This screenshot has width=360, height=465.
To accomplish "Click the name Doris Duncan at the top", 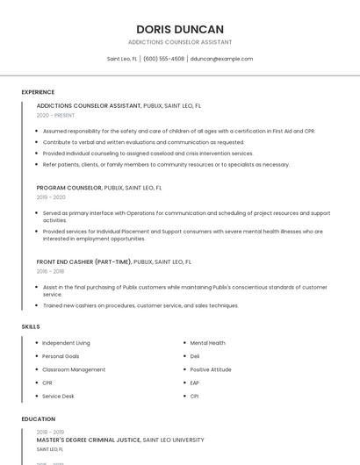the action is click(180, 29).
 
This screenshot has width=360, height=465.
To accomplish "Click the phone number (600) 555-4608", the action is click(163, 59).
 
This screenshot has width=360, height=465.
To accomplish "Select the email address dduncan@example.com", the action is click(221, 59).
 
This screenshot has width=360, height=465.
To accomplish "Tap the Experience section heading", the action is click(38, 92).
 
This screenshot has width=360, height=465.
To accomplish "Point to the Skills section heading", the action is click(31, 326).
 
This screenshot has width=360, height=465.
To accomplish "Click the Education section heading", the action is click(39, 419).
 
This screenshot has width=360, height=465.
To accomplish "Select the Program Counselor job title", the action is click(69, 188).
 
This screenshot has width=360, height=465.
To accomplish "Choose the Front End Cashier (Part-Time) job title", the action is click(84, 261).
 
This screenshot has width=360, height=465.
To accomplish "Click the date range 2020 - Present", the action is click(55, 115).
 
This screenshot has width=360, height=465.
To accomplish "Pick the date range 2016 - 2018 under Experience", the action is click(50, 271).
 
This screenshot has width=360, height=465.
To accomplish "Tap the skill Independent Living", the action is click(66, 343).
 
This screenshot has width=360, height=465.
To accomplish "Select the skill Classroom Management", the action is click(74, 369).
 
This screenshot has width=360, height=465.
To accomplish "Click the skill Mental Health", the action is click(207, 343).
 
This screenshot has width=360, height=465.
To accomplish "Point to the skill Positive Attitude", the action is click(211, 369).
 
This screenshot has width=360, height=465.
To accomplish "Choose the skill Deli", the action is click(195, 356).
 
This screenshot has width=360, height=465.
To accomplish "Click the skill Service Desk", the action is click(58, 396).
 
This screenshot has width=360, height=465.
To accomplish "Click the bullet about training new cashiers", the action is click(140, 305).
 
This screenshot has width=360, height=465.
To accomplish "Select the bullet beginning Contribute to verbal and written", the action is click(143, 142).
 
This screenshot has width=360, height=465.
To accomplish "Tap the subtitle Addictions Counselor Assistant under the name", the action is click(180, 42).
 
